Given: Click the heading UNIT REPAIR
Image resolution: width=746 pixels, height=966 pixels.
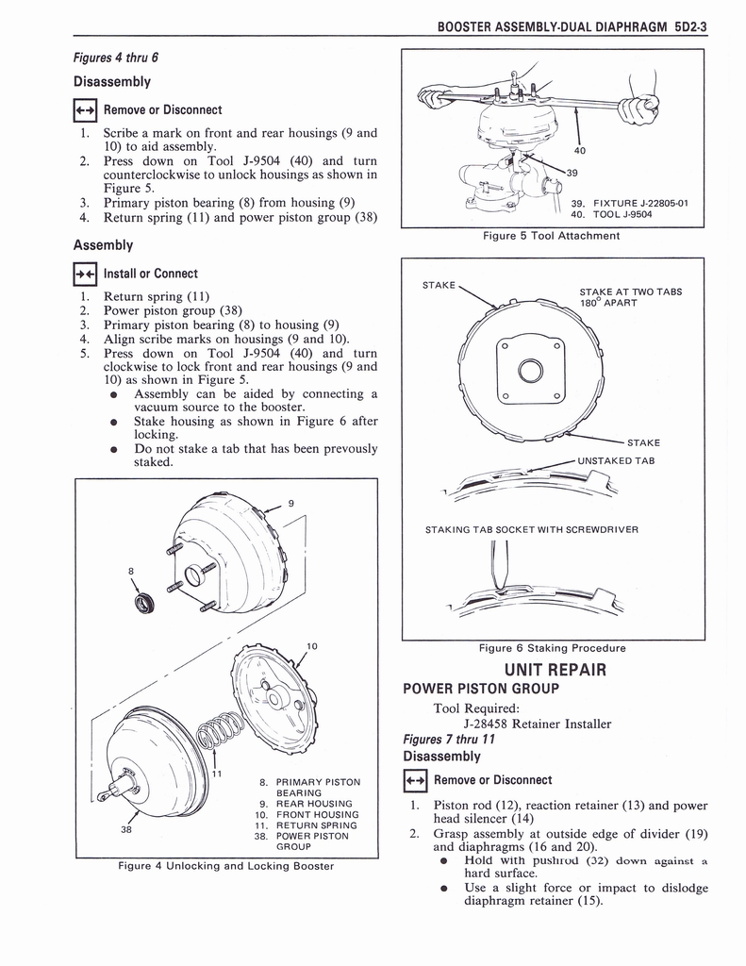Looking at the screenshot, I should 554,670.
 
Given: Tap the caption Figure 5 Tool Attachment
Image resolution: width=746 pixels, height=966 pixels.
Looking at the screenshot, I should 551,236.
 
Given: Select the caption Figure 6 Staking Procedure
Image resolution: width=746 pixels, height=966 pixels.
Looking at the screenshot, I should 552,648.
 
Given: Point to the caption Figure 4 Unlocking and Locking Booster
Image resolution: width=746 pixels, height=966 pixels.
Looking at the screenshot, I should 226,866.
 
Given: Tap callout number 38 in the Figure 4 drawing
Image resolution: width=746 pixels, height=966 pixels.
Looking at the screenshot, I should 126,831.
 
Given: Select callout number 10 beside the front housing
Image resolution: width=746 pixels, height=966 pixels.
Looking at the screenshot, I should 312,646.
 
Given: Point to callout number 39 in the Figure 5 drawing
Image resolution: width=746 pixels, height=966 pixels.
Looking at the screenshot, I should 572,173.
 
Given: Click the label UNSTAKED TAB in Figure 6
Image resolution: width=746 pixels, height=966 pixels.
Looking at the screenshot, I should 616,460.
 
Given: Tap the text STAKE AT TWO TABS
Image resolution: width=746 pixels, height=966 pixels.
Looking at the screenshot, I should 630,291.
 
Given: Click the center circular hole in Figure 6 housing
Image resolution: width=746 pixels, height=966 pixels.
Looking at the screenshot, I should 530,371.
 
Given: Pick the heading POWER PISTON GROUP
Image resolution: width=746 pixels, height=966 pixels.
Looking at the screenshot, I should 481,689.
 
